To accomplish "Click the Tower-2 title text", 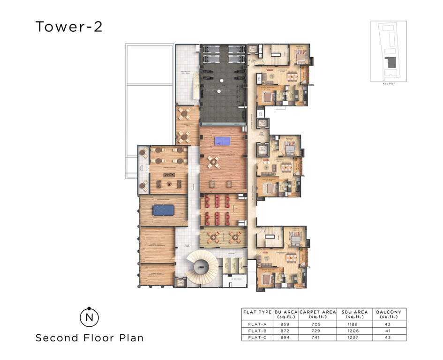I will coord(69,27).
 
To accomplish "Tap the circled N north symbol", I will coord(89,317).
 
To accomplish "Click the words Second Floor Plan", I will coord(90,337).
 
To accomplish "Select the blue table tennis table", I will coord(223,140).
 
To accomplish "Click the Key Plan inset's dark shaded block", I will coord(389,63).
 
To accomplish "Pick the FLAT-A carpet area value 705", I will coord(317,324).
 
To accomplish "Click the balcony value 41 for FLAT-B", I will coord(388,330).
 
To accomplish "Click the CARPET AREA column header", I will coord(317,314).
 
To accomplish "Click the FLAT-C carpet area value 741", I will coord(317,337).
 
